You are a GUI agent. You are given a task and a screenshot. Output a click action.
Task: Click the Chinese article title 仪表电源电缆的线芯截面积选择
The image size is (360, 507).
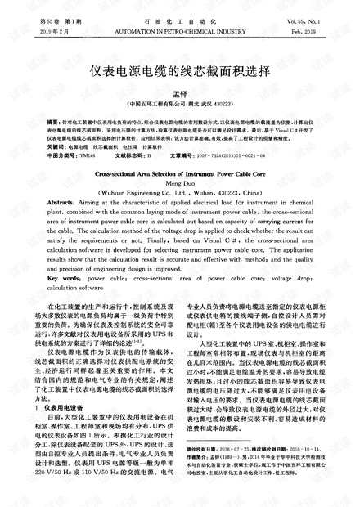tap(179, 71)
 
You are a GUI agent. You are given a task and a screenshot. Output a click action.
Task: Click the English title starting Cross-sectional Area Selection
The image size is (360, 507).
tap(179, 175)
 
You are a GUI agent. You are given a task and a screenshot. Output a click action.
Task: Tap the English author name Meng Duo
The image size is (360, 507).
tap(179, 184)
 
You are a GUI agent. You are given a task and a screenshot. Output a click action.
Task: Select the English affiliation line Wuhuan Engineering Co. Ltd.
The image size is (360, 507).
tap(179, 193)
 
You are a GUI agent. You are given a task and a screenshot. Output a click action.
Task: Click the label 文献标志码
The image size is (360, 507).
tap(133, 155)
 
